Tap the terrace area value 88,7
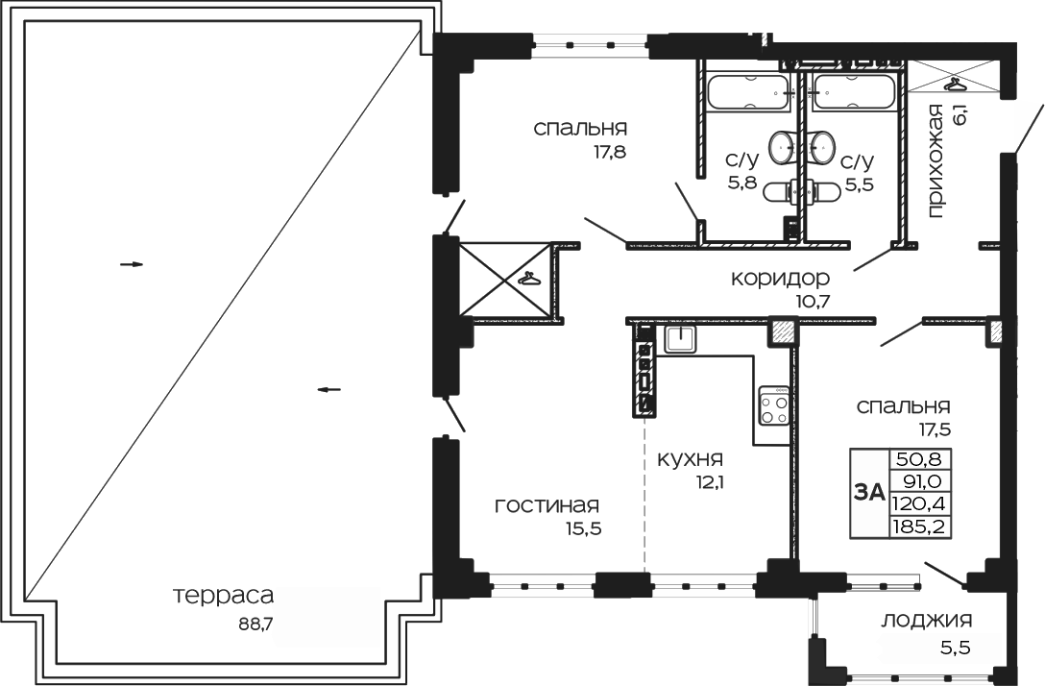[256, 623]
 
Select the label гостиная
[547, 505]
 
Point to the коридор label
[780, 279]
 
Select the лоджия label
[926, 620]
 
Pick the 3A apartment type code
[868, 492]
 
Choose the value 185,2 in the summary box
[913, 527]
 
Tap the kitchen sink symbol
[680, 337]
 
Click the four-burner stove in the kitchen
[774, 404]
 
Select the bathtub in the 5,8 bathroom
[748, 94]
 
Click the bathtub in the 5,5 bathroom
[852, 94]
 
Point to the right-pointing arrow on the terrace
[132, 264]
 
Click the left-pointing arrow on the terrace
[328, 389]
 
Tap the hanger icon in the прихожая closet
[954, 84]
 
